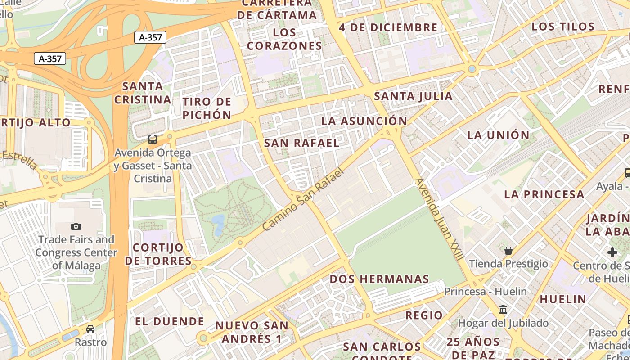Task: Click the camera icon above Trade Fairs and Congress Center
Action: point(76,226)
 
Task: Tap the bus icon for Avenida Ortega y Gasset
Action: point(153,139)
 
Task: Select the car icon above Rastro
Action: point(90,329)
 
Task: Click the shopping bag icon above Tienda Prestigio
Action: point(508,251)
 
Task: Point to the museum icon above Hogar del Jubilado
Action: point(503,310)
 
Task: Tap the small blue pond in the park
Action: point(219,224)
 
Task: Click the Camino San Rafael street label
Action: point(302,200)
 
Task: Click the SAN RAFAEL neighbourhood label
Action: point(301,143)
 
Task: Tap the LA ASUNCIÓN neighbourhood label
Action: point(364,121)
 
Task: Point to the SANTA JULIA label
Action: point(413,96)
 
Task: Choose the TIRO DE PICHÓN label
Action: point(207,108)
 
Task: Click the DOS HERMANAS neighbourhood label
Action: point(379,279)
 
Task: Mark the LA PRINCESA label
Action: point(544,194)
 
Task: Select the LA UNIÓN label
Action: point(498,135)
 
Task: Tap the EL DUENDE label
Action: point(170,321)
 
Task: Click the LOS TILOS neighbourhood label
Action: point(563,27)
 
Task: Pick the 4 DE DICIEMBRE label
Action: point(388,27)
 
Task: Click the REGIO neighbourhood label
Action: point(424,315)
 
